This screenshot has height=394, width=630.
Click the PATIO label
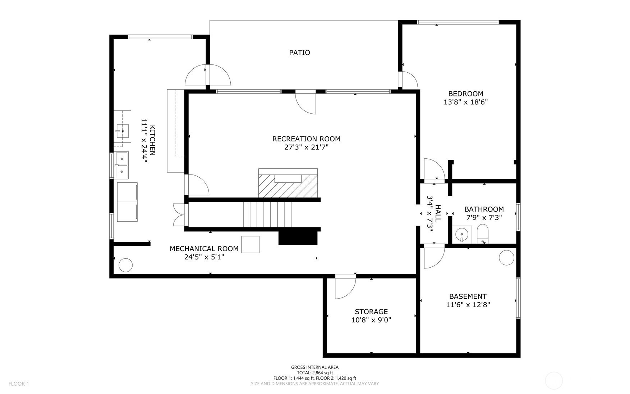[x=299, y=53]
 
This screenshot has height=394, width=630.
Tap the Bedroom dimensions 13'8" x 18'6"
[x=465, y=102]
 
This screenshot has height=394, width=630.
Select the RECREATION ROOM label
[x=306, y=139]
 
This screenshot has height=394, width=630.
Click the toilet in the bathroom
[x=482, y=234]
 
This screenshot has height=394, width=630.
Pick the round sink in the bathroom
[x=461, y=235]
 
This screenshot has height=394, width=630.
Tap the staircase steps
[x=267, y=214]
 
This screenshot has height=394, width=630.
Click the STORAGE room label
[x=371, y=312]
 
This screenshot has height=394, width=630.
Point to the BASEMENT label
[x=468, y=296]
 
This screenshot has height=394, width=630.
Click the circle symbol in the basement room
[x=506, y=258]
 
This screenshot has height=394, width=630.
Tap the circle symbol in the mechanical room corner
[x=125, y=265]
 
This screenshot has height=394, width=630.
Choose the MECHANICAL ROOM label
[x=204, y=249]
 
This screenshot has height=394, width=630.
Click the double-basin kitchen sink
[x=122, y=166]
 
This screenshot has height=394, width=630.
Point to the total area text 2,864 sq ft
[x=315, y=373]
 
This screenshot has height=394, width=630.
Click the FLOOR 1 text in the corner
[x=19, y=384]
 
